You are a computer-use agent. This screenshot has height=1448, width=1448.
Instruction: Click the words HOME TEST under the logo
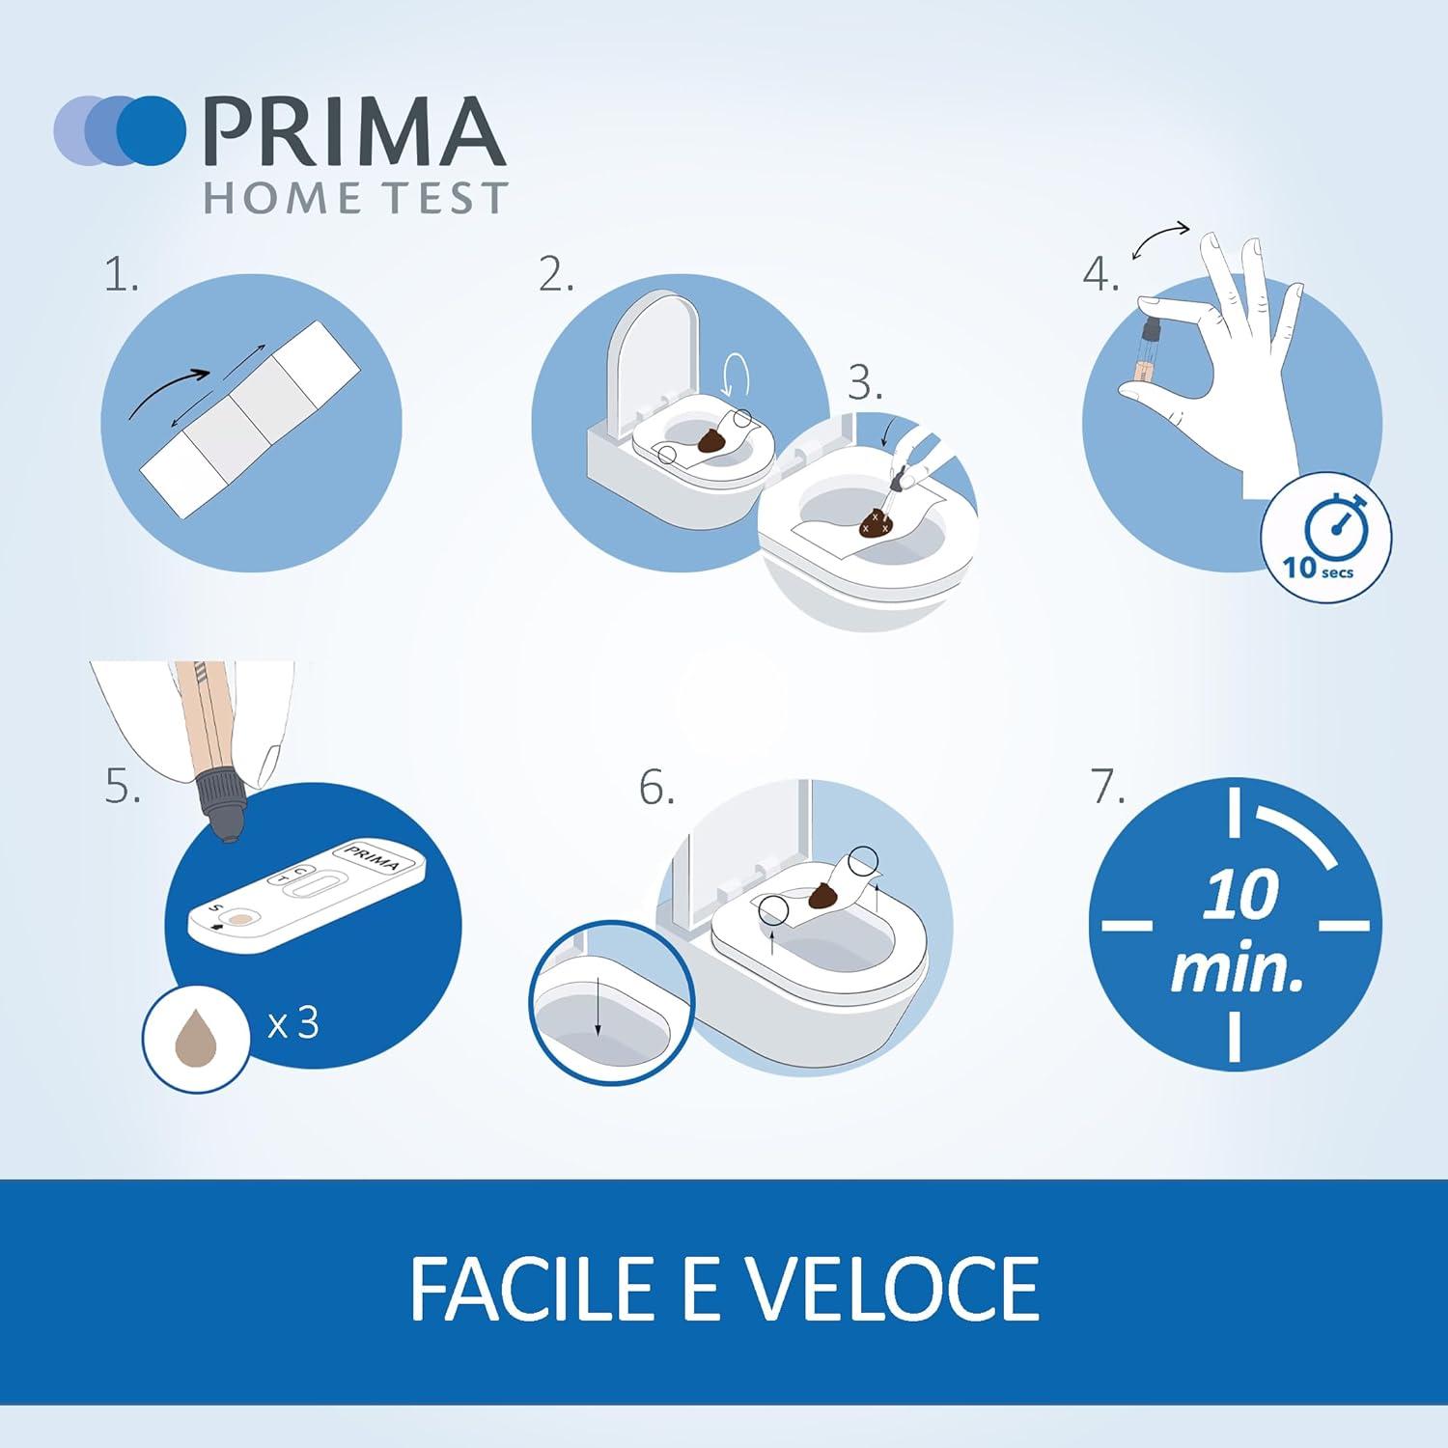(x=354, y=198)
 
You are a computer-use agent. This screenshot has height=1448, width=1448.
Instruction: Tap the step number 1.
(x=122, y=277)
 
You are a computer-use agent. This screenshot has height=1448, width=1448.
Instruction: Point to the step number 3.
(x=865, y=384)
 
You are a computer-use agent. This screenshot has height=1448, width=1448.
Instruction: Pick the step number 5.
(x=123, y=788)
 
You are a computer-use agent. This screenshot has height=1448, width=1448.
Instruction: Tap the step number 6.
(x=655, y=789)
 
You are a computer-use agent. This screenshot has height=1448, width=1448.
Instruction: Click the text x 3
(x=292, y=1022)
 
